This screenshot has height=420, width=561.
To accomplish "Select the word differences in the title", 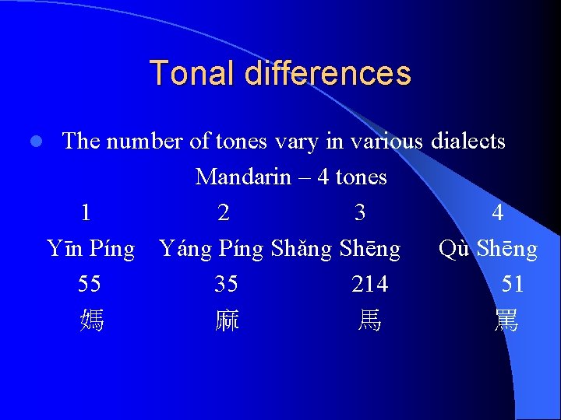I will [x=327, y=73].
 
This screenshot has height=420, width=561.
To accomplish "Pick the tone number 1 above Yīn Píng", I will [x=86, y=212].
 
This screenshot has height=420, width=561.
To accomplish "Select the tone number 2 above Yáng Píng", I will [x=223, y=212].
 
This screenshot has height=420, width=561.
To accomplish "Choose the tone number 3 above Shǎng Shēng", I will [x=360, y=212].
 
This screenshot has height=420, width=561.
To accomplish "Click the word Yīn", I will [x=65, y=249].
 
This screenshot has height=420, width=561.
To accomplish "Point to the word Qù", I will [x=454, y=249].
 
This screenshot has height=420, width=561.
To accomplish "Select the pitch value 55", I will [x=89, y=285].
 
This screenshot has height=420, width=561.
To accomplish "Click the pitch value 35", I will [x=226, y=285].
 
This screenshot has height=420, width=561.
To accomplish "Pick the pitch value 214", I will [x=369, y=285].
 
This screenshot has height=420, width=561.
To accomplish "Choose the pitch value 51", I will [x=512, y=285].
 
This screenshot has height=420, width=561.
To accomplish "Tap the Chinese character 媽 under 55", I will [x=91, y=320].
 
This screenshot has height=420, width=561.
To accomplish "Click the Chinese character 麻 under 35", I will [x=227, y=320].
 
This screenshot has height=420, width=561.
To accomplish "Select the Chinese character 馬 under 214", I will [x=369, y=320].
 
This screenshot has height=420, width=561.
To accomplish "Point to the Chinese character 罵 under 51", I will [x=506, y=320].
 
